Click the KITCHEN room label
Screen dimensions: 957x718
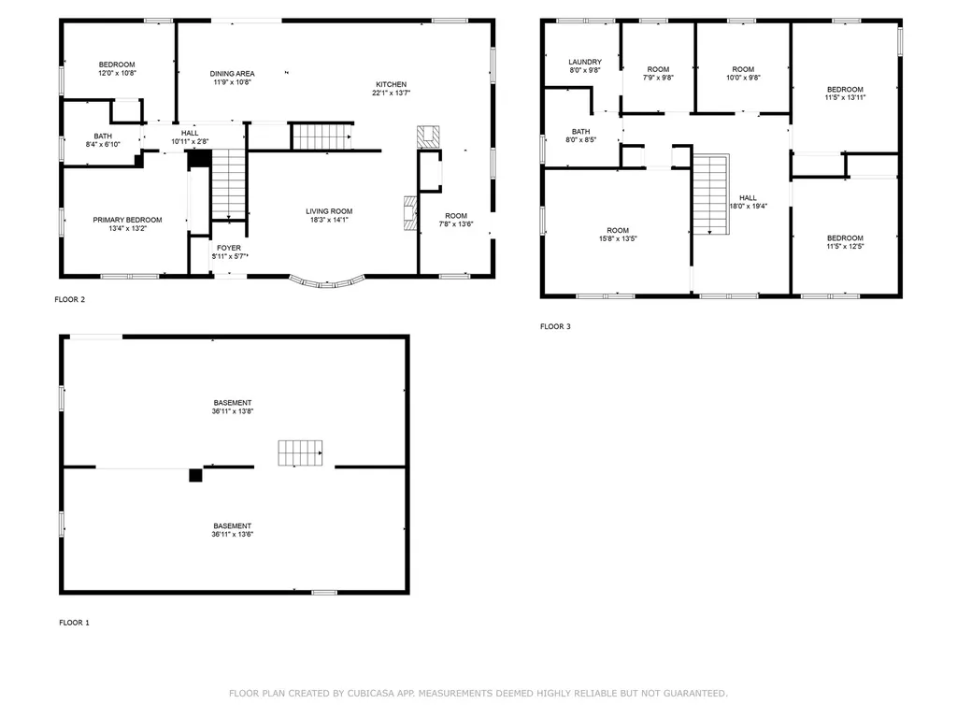pyautogui.click(x=392, y=84)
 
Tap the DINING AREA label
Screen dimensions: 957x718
pyautogui.click(x=232, y=73)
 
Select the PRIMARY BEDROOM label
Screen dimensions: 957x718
pyautogui.click(x=127, y=220)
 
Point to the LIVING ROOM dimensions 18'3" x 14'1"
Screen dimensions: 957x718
pyautogui.click(x=329, y=220)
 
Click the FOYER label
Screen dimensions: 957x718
pyautogui.click(x=229, y=248)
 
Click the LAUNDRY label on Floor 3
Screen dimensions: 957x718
pyautogui.click(x=585, y=62)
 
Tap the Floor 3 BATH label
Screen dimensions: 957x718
pyautogui.click(x=581, y=131)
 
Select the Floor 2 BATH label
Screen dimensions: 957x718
pyautogui.click(x=103, y=136)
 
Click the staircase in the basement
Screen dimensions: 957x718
pyautogui.click(x=300, y=453)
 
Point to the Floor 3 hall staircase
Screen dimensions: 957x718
pyautogui.click(x=711, y=194)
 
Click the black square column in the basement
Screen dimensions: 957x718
pyautogui.click(x=195, y=475)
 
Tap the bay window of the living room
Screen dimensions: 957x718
pyautogui.click(x=327, y=283)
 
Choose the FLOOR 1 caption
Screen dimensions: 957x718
pyautogui.click(x=75, y=623)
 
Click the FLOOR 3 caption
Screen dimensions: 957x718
pyautogui.click(x=555, y=326)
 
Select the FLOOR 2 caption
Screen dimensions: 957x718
pyautogui.click(x=69, y=300)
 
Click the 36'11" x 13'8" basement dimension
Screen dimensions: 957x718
pyautogui.click(x=233, y=411)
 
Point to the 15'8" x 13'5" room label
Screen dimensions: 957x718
pyautogui.click(x=618, y=238)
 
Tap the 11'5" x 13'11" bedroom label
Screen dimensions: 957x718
pyautogui.click(x=845, y=97)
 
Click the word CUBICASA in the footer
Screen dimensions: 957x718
pyautogui.click(x=370, y=693)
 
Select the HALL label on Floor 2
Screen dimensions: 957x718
pyautogui.click(x=190, y=133)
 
